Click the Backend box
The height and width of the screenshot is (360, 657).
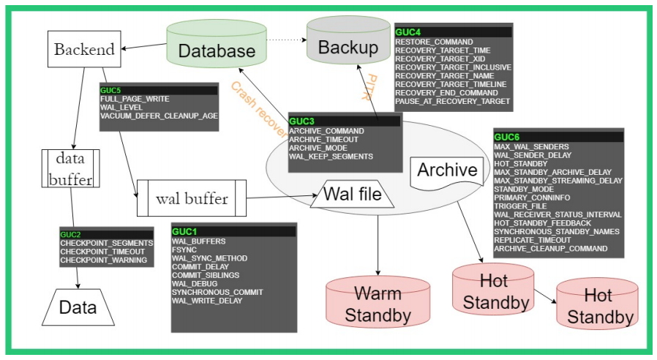pyautogui.click(x=84, y=49)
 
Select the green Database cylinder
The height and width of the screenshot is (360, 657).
pyautogui.click(x=217, y=49)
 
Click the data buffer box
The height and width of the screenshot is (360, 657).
pyautogui.click(x=71, y=168)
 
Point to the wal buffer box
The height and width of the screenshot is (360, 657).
pyautogui.click(x=192, y=198)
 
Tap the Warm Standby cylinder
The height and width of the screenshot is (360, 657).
pyautogui.click(x=378, y=304)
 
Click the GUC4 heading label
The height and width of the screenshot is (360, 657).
pyautogui.click(x=408, y=32)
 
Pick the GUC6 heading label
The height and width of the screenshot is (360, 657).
pyautogui.click(x=507, y=137)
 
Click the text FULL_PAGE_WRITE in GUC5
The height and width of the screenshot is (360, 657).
pyautogui.click(x=135, y=99)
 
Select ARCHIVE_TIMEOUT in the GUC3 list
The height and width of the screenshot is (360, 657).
pyautogui.click(x=323, y=139)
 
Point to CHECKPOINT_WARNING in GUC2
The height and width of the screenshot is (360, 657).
pyautogui.click(x=103, y=260)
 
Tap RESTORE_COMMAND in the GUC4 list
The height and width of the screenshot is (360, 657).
pyautogui.click(x=434, y=42)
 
